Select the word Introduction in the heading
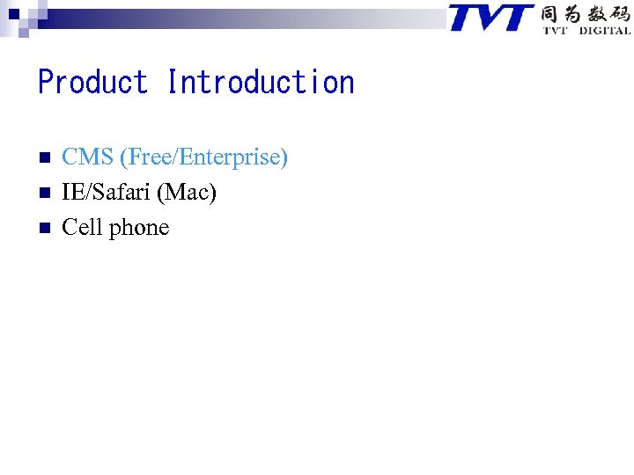(261, 83)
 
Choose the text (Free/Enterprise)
(204, 158)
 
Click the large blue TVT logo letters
(491, 18)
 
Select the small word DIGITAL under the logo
(604, 31)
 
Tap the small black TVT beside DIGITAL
(555, 31)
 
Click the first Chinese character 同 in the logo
(550, 14)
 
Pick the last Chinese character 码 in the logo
(619, 14)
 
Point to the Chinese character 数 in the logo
(596, 14)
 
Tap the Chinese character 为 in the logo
(573, 14)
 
